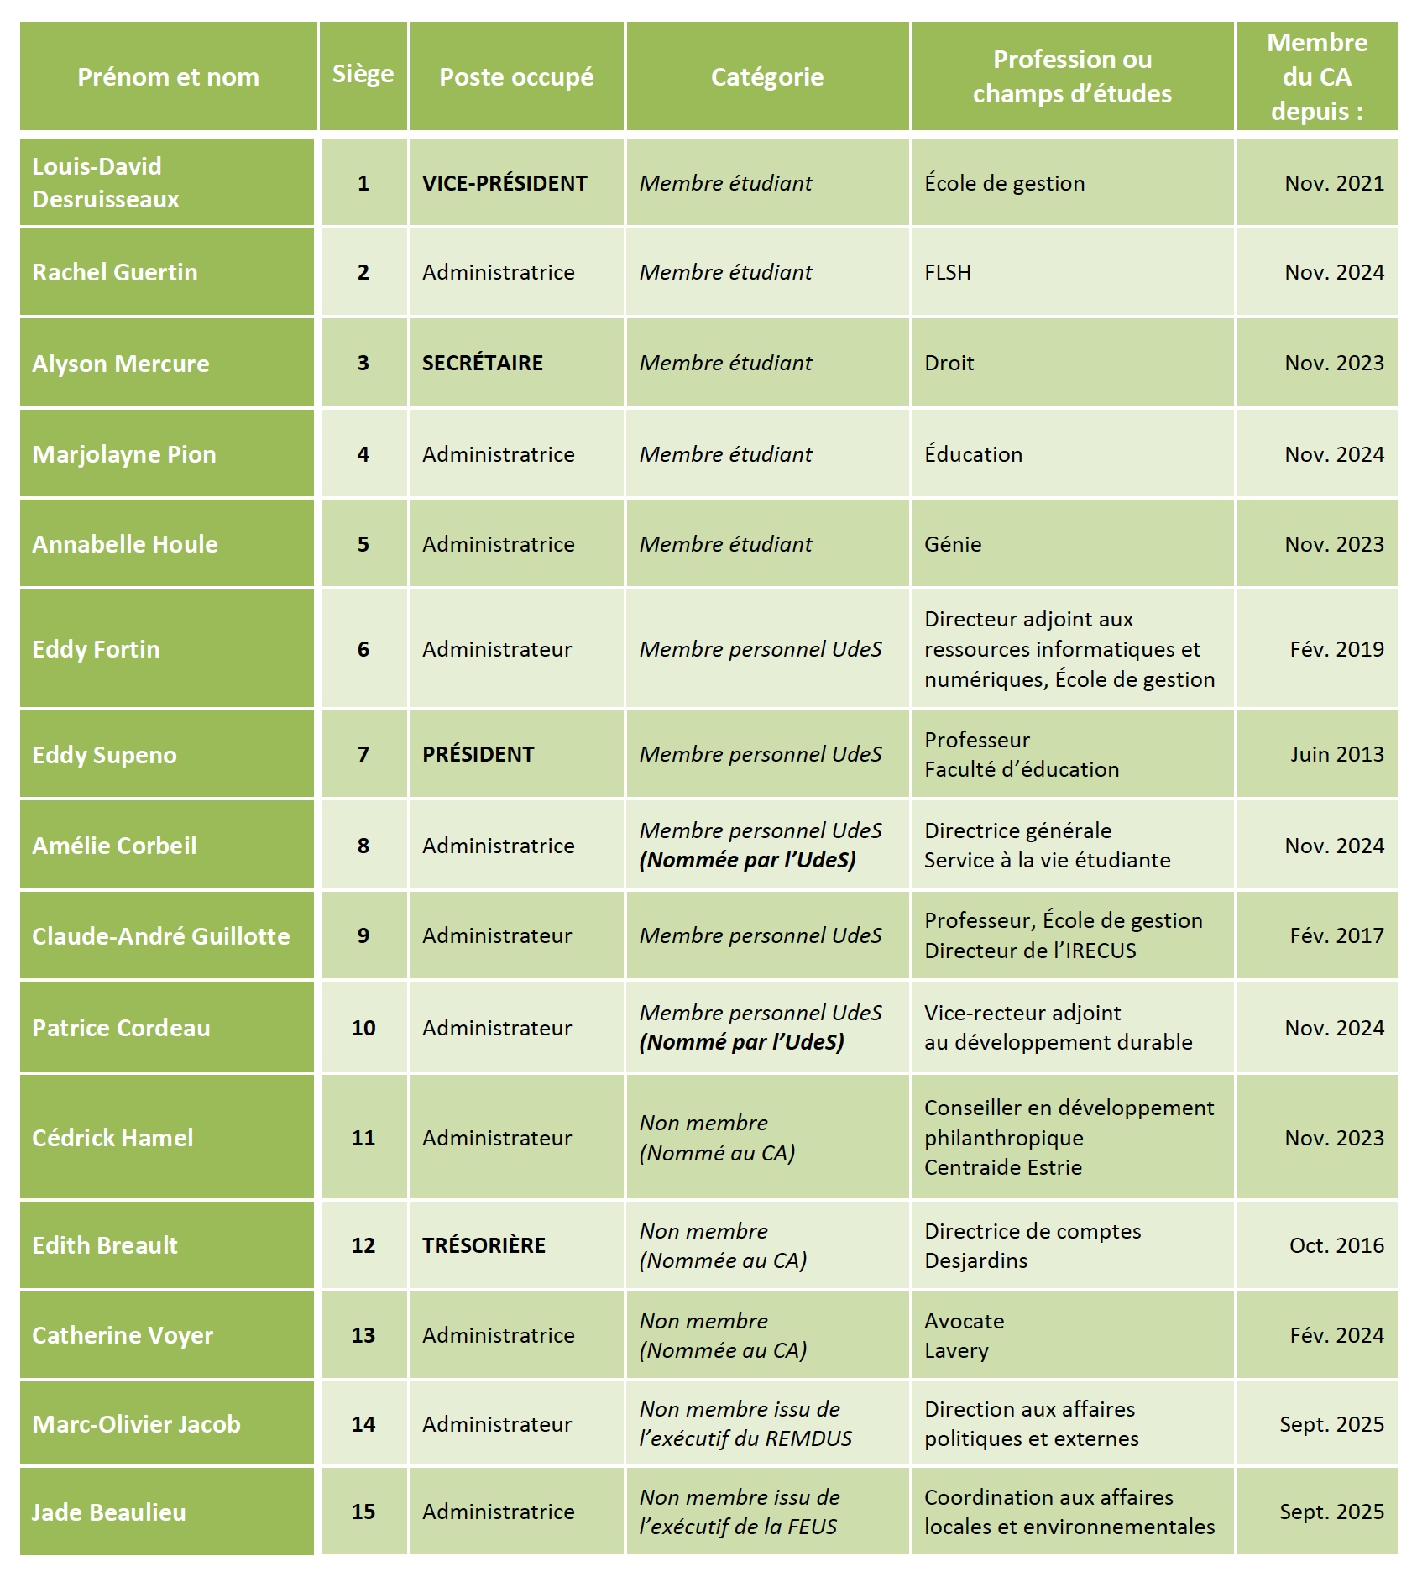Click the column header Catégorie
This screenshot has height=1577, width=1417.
click(766, 77)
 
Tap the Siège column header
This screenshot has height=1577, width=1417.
click(363, 75)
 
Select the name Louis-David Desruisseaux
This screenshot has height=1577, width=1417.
click(106, 183)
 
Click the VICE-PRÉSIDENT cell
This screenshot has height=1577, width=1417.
click(505, 183)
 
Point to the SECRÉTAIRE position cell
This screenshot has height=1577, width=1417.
click(483, 363)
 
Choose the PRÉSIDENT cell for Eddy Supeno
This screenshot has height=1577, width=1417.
click(478, 754)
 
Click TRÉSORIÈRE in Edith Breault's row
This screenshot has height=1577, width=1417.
click(484, 1245)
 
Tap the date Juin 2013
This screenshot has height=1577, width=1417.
click(1336, 754)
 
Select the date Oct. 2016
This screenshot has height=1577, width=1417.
click(1336, 1245)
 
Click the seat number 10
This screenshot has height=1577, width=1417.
click(363, 1028)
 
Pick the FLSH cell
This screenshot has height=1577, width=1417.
click(948, 273)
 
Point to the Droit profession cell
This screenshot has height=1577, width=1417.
click(949, 363)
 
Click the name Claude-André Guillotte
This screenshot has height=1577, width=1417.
click(161, 936)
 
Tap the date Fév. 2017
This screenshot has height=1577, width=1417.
click(1336, 935)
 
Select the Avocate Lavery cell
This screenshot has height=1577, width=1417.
click(964, 1335)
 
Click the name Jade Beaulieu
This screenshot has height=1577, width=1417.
click(109, 1512)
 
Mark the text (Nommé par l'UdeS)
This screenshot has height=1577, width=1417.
click(741, 1042)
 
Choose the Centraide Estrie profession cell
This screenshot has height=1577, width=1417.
click(1069, 1137)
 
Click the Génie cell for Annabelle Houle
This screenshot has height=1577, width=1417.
click(953, 544)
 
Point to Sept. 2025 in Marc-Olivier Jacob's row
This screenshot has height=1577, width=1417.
click(1331, 1424)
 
